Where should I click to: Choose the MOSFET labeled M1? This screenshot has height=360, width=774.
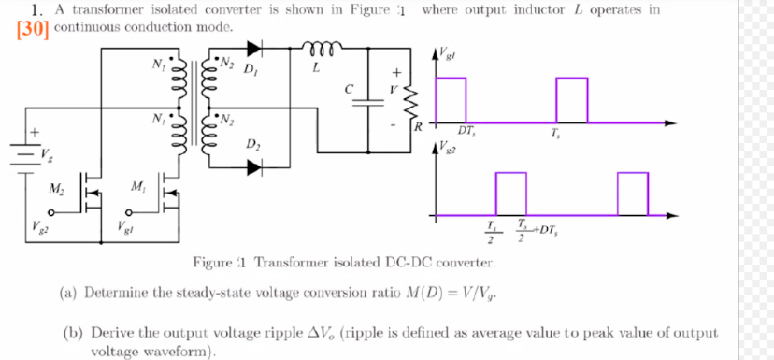tap(166, 191)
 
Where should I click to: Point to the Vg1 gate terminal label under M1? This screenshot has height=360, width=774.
tap(125, 226)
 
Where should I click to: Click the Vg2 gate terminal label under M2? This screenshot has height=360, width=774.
tap(46, 226)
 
